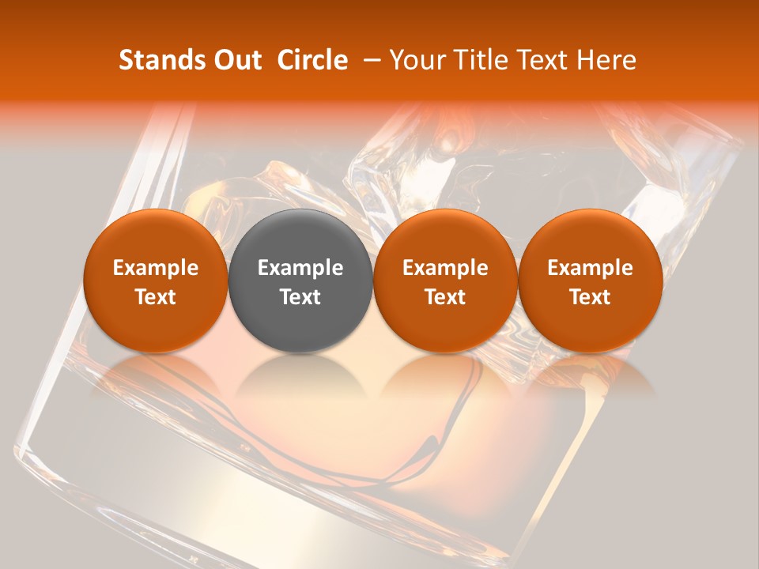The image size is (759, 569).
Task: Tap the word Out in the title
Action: point(234,60)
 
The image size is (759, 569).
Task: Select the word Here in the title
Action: point(606,60)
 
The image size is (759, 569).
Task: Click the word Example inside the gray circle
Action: point(300,268)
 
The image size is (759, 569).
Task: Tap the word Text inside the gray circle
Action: point(300,297)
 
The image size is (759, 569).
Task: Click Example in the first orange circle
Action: point(156,268)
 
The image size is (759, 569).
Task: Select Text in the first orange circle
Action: point(156,297)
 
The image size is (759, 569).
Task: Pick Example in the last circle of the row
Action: point(590,268)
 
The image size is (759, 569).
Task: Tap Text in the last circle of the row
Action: point(590,297)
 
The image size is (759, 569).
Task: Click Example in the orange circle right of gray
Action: point(445,268)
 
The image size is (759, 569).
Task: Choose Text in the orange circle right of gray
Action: point(445,297)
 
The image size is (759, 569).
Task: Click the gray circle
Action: point(300,237)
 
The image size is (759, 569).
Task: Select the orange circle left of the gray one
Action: point(156,237)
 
